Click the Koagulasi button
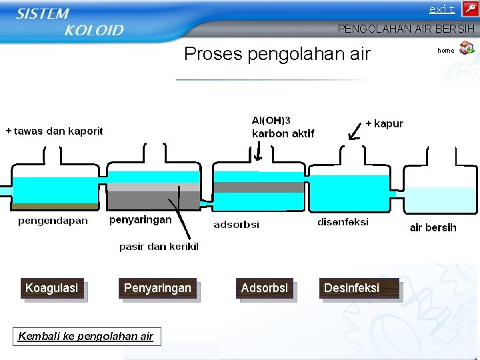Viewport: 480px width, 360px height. [x=52, y=288]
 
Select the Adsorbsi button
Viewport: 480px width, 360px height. [x=265, y=288]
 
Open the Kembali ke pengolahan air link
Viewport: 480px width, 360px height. [x=85, y=336]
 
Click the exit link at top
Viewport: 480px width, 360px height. [x=441, y=9]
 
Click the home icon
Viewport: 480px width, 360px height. [x=467, y=49]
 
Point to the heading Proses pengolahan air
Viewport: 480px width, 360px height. [x=277, y=54]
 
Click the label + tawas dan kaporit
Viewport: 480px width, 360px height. [x=54, y=131]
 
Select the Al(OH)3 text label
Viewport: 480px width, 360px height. [x=271, y=121]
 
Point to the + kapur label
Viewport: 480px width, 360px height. [x=384, y=124]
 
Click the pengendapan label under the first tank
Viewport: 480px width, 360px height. [x=53, y=221]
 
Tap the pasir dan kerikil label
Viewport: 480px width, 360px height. [x=159, y=247]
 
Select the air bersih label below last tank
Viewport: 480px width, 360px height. [x=433, y=228]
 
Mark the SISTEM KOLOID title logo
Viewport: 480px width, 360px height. [x=70, y=22]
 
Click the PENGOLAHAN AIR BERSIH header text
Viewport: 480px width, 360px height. [x=406, y=29]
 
